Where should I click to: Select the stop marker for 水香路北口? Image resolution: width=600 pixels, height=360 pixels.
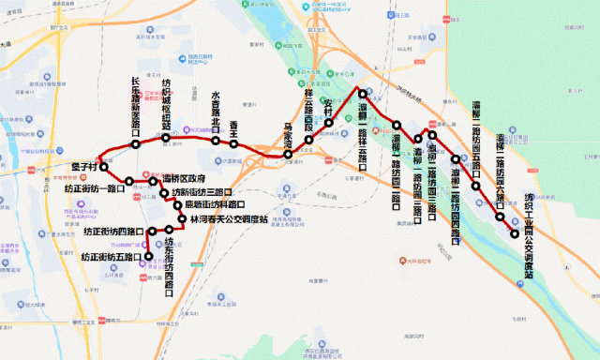(216, 142)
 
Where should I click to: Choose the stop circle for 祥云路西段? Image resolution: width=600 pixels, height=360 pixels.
(308, 140)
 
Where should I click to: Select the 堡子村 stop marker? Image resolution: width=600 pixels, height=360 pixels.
(104, 166)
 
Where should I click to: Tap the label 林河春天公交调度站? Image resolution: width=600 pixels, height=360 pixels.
(229, 218)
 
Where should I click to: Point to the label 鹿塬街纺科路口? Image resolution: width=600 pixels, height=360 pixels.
(215, 205)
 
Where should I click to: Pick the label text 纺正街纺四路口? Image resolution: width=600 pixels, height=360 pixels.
(113, 232)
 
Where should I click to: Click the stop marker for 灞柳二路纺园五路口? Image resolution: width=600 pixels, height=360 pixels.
(475, 186)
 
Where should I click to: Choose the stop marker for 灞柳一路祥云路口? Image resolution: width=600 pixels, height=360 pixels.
(362, 94)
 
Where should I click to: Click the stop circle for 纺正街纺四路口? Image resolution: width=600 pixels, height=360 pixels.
(151, 231)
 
